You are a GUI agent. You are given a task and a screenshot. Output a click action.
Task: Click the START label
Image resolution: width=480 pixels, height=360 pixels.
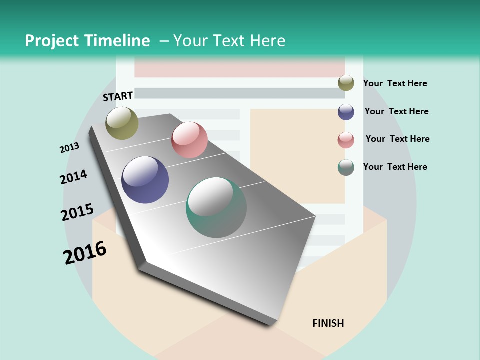pos(118,96)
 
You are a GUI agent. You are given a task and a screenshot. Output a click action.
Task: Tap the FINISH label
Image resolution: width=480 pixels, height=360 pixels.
pos(328,323)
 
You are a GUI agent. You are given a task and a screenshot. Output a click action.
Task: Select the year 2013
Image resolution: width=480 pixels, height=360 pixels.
pos(69,148)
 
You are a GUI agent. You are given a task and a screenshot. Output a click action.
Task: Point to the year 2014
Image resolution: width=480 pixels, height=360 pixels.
pos(73,177)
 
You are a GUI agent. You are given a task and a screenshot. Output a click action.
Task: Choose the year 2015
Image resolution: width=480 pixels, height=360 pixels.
pos(77,212)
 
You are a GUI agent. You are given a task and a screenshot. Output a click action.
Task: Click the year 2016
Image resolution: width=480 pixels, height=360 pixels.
pos(84,253)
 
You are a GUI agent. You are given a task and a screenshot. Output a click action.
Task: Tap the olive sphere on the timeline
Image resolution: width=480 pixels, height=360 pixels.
pos(122,123)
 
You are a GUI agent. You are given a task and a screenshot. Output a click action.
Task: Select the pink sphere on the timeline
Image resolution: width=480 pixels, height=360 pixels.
pos(189,140)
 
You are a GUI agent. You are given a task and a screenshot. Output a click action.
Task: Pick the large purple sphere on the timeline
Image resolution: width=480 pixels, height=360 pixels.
pos(145,180)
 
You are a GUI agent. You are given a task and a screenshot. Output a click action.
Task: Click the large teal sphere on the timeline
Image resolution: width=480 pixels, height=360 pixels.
pos(216,207)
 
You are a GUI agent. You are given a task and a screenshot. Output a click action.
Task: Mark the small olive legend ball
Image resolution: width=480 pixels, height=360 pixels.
pos(346,83)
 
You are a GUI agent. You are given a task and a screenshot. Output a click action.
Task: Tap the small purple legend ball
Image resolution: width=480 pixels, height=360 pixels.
pos(346,112)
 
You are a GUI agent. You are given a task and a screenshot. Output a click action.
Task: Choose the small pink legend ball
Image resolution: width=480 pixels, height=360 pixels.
pos(346,140)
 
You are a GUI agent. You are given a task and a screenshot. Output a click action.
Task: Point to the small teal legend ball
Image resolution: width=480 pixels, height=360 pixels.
pos(346,167)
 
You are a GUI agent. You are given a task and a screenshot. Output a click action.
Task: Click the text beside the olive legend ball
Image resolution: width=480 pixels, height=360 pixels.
pos(395,84)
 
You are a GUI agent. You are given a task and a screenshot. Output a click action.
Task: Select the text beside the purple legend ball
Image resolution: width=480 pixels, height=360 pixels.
pos(396,111)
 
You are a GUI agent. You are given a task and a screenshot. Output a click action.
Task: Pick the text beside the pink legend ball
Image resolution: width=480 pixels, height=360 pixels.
pos(397,139)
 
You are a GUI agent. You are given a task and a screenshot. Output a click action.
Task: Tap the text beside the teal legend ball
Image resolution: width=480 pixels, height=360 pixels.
pos(395,167)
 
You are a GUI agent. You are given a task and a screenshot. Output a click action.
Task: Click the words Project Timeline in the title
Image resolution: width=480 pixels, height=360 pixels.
pos(87,41)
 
